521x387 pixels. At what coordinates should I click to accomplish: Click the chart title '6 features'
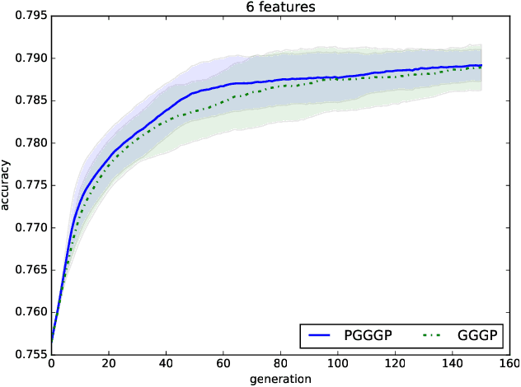pos(280,7)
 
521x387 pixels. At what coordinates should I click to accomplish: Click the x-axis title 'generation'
pos(280,380)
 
